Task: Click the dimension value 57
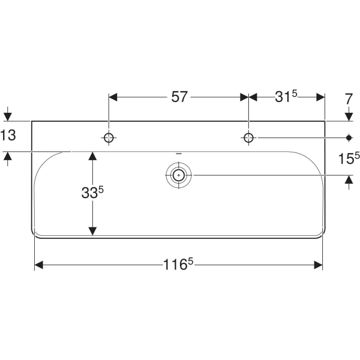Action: click(179, 96)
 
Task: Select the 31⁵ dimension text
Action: click(286, 96)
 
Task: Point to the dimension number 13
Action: click(8, 136)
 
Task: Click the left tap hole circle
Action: click(109, 137)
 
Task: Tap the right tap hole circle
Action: click(248, 137)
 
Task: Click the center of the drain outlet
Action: click(178, 175)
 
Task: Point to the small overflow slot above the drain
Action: click(178, 154)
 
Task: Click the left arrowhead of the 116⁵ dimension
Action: click(39, 265)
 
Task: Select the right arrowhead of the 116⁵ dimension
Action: click(319, 265)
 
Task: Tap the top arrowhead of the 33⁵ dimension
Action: click(92, 156)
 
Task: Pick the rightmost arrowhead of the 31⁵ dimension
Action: click(320, 96)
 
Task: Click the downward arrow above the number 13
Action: click(8, 116)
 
